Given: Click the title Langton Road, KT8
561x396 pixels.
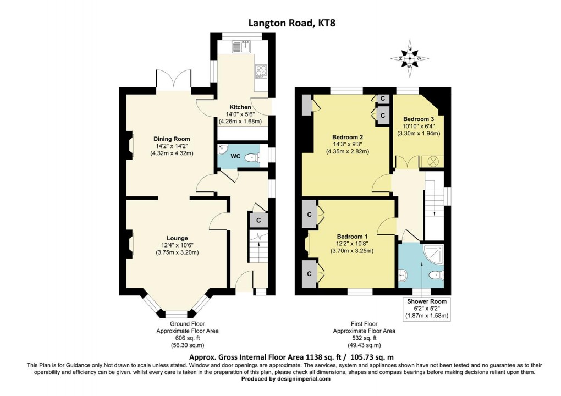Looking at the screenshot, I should pyautogui.click(x=280, y=23).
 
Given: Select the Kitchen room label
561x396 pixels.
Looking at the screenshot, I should pyautogui.click(x=240, y=107).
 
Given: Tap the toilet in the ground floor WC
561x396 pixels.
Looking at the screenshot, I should pyautogui.click(x=252, y=158).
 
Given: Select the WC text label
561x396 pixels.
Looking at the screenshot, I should pyautogui.click(x=235, y=157).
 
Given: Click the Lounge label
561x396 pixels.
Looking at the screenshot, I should pyautogui.click(x=178, y=238).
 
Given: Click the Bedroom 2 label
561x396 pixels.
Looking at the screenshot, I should pyautogui.click(x=347, y=137).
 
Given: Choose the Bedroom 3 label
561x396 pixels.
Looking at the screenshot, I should pyautogui.click(x=419, y=119).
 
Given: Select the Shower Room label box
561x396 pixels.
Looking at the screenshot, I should pyautogui.click(x=427, y=309).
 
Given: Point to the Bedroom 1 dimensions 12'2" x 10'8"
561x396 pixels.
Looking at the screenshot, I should pyautogui.click(x=352, y=244).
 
